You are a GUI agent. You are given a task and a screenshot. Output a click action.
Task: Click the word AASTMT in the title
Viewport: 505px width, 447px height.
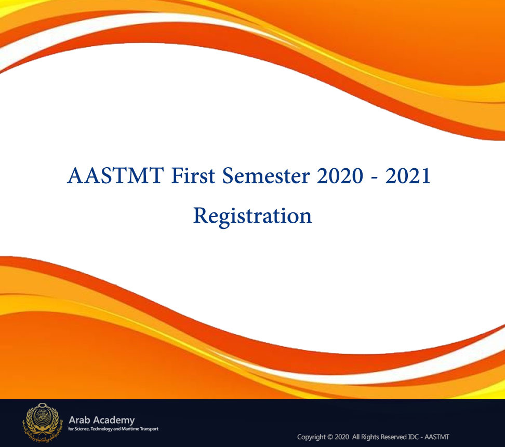coord(115,175)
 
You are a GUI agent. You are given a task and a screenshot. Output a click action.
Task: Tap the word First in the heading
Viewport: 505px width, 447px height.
coord(193,175)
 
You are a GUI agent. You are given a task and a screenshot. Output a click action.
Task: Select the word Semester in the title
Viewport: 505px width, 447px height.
coord(266,175)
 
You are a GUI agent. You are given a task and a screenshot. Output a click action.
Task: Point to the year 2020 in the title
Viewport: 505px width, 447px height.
coord(340,175)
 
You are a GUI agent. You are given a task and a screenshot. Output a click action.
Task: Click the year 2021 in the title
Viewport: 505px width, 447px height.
coord(408,175)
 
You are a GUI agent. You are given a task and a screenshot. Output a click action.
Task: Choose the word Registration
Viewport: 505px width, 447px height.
coord(253,216)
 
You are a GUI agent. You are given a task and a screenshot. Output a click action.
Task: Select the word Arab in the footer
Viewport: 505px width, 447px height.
coord(79,420)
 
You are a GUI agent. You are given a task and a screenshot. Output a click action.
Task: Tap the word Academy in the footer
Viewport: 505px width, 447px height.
coord(113,421)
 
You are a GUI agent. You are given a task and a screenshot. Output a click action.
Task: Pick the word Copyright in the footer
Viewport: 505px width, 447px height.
coord(311,437)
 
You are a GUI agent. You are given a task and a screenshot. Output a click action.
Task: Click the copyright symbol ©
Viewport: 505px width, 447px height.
coord(330,437)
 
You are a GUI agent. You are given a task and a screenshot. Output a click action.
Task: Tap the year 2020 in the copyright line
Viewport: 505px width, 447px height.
coord(342,437)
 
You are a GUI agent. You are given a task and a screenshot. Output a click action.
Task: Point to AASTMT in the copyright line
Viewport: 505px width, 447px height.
coord(437,437)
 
